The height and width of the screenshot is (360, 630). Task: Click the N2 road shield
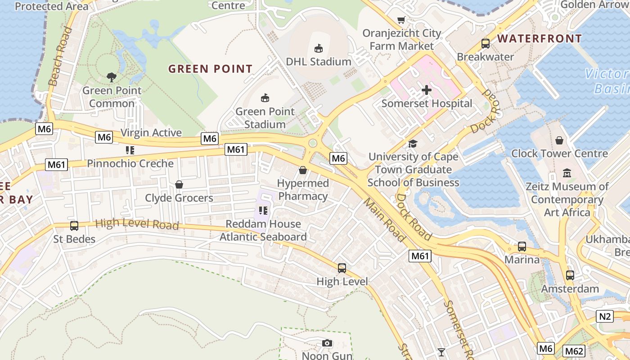[605, 316]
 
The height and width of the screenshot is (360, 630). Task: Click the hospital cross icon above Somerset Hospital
[426, 90]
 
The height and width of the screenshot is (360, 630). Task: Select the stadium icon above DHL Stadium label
[318, 48]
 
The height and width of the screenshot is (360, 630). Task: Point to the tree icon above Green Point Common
[111, 77]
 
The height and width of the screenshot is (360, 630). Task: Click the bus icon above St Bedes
[74, 225]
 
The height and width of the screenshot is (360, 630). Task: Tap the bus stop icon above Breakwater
[485, 44]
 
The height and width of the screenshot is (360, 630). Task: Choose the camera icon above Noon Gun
[327, 343]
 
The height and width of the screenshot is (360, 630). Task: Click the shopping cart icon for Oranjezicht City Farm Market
[401, 20]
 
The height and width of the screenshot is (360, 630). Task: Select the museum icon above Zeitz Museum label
[567, 173]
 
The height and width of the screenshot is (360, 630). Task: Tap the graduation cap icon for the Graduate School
[413, 144]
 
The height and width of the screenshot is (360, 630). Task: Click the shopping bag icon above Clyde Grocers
[179, 184]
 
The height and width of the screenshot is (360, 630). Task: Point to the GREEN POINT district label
[210, 69]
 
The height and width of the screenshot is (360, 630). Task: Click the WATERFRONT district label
[540, 39]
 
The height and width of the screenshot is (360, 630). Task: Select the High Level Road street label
[137, 224]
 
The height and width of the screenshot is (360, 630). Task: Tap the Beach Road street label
[60, 57]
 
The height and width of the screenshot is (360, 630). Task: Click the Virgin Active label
[151, 132]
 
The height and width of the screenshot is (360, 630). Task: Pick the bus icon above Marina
[522, 247]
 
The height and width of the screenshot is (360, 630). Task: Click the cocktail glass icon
[441, 352]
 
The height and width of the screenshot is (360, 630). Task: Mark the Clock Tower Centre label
[559, 153]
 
